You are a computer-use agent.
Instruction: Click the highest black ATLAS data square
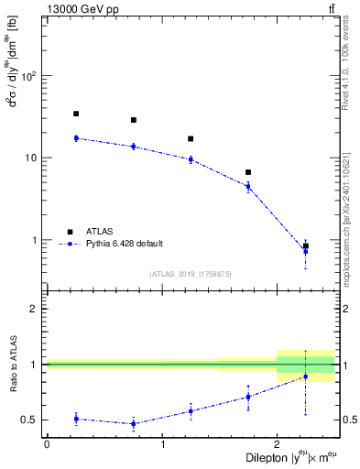76,114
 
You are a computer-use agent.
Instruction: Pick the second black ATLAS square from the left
134,120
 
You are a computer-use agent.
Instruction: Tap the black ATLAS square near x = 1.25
191,139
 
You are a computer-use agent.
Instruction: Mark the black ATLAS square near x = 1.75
248,172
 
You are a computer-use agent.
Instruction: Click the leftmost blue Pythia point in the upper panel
76,138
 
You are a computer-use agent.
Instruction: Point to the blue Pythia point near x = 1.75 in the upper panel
248,186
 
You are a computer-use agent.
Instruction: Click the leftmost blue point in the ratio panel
76,419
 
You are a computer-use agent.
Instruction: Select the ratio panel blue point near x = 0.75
134,423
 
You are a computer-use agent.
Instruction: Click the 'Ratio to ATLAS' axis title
12,364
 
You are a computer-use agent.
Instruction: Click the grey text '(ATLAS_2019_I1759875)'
191,273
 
